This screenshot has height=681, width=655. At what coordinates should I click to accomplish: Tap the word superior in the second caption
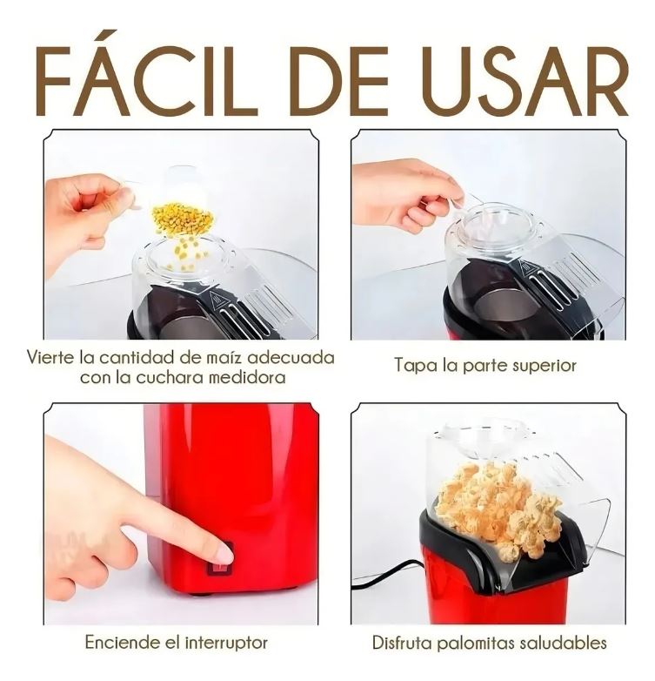545,366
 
